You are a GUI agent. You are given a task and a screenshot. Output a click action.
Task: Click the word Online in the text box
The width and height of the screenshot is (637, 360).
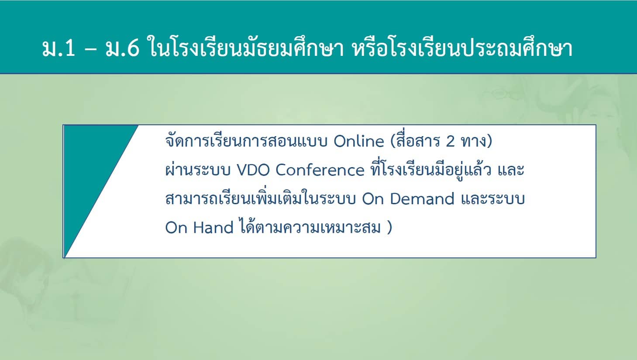tap(358, 141)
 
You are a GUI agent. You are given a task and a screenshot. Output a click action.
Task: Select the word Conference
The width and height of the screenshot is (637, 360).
tap(320, 170)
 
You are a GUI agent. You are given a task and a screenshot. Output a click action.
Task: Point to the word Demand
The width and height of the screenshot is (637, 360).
tap(422, 199)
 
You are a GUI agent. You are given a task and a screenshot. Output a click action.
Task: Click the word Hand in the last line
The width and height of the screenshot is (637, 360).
tap(213, 228)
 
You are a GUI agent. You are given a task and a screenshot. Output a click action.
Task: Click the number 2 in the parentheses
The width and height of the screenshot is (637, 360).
tap(450, 141)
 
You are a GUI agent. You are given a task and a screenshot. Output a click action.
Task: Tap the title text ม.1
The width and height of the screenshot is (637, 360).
tap(59, 48)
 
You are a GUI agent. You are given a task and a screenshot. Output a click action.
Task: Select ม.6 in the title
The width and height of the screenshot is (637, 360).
tap(123, 48)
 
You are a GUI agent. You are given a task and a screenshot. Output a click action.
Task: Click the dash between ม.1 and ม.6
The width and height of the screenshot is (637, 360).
tap(91, 49)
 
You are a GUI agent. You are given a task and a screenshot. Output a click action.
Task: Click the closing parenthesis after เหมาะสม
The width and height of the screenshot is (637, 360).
tap(389, 228)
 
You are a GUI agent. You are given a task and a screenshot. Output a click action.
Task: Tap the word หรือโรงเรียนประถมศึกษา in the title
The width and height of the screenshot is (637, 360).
tap(462, 47)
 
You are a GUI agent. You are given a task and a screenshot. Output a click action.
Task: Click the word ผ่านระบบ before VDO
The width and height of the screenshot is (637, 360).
tap(198, 170)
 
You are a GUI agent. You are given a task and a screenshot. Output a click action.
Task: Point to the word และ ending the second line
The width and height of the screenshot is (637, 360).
tap(511, 170)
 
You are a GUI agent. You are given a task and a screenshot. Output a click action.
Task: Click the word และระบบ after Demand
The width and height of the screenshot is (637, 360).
tap(492, 199)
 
